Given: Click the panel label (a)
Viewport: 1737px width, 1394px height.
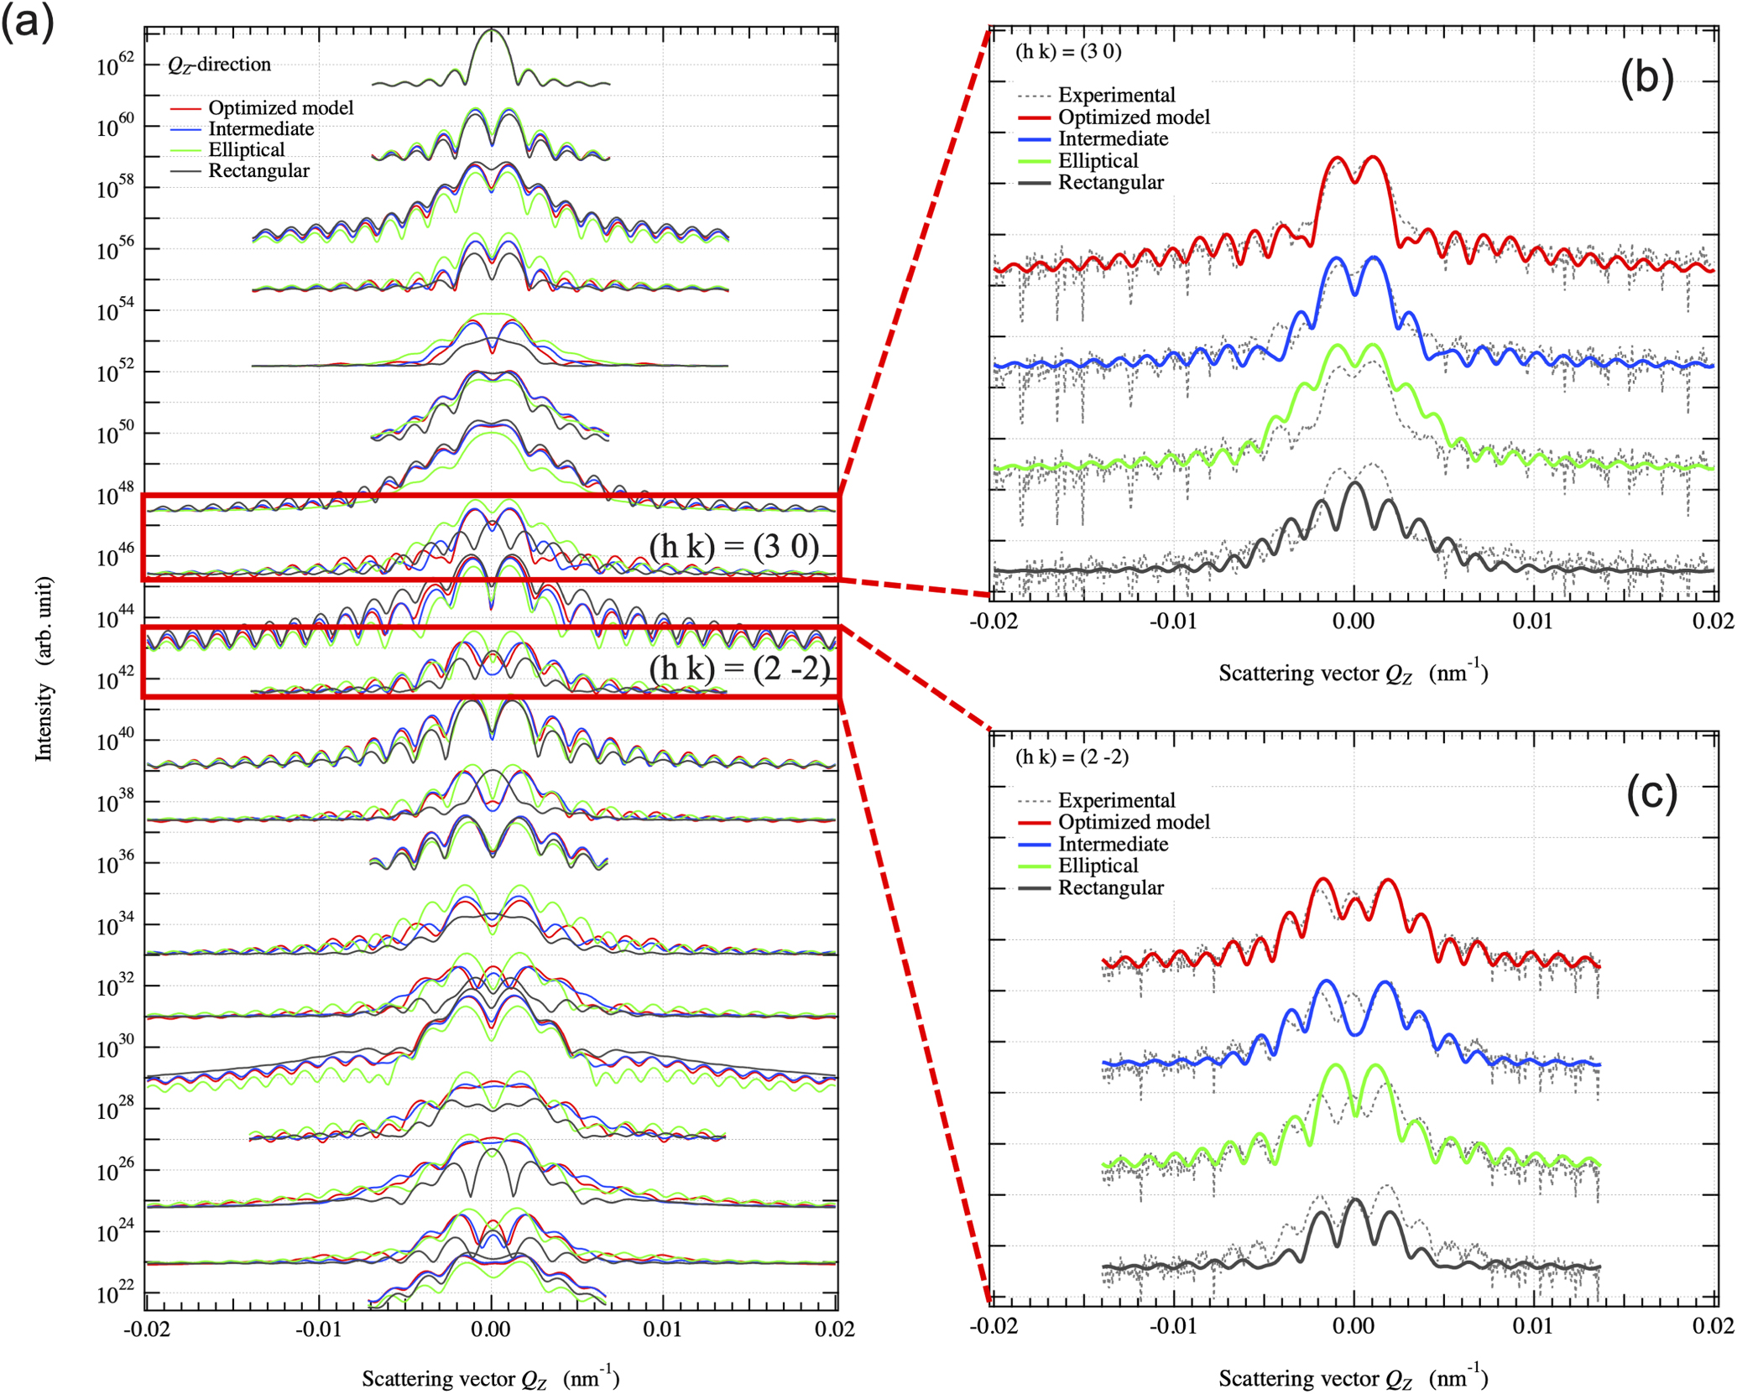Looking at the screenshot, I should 27,21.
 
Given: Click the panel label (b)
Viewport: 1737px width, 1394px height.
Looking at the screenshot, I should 1646,79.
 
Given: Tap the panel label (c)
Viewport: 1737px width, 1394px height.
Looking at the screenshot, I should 1651,793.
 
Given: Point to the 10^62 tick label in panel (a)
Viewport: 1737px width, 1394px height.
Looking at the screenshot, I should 117,65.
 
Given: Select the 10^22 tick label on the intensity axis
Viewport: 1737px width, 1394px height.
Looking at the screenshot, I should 117,1295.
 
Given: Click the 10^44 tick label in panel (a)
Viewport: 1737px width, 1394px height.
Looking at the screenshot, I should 117,619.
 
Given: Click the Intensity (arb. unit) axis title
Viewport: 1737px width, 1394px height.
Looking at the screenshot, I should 44,668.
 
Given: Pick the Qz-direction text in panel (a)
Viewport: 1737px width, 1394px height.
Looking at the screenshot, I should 219,65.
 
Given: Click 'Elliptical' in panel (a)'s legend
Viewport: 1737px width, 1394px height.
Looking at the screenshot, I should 246,149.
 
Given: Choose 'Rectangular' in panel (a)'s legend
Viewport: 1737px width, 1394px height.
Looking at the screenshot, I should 258,170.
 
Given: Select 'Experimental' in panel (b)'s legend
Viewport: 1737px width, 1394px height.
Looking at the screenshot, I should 1116,95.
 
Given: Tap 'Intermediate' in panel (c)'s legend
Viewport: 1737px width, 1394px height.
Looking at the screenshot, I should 1113,844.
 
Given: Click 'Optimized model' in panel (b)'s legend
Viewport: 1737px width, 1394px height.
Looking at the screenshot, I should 1134,117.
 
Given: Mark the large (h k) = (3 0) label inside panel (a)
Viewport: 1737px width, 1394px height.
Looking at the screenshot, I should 733,546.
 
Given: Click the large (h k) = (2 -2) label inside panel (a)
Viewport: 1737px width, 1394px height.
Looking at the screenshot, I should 738,668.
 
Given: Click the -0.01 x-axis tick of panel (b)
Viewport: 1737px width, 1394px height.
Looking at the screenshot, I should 1171,622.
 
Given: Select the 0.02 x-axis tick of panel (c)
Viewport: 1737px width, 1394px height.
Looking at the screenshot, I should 1713,1326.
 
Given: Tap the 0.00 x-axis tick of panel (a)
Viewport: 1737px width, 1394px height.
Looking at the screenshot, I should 490,1329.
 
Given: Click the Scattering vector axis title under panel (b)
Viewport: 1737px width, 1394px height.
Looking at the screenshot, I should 1352,673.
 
